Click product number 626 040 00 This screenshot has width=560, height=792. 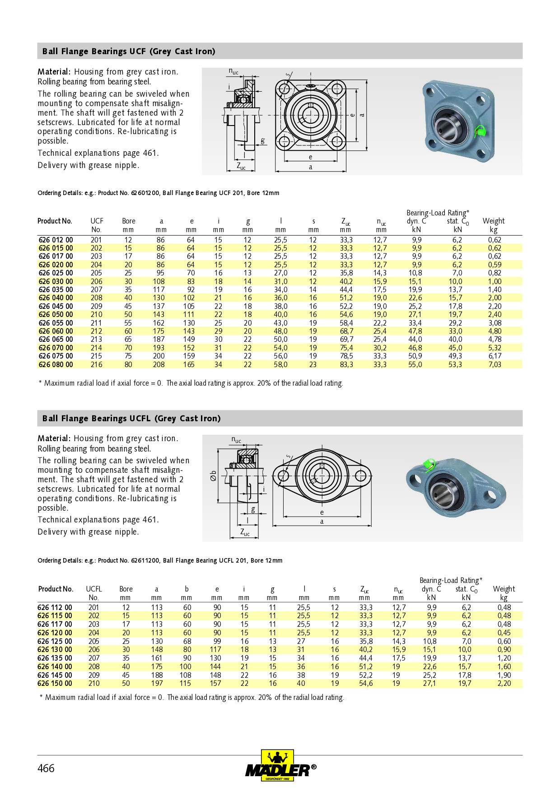tap(56, 298)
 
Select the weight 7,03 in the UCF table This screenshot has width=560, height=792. tap(495, 364)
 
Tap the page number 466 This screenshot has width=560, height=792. tap(46, 768)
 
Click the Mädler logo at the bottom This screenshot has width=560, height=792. tap(280, 766)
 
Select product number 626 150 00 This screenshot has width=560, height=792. tap(55, 683)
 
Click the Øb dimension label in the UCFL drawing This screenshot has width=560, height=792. tap(214, 476)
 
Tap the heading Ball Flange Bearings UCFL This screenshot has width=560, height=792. tap(131, 419)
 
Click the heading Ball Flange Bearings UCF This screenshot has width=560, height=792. tap(129, 51)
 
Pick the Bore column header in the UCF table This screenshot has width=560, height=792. tap(129, 221)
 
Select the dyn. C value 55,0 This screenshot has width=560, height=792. tap(415, 364)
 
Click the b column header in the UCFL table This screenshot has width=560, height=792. tap(187, 589)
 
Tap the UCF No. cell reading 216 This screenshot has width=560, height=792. tap(96, 364)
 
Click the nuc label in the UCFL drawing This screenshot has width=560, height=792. tap(236, 440)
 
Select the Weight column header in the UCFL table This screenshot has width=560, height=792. tap(504, 589)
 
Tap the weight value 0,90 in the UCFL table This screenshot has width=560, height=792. tap(504, 649)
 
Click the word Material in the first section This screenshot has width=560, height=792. tap(53, 72)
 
